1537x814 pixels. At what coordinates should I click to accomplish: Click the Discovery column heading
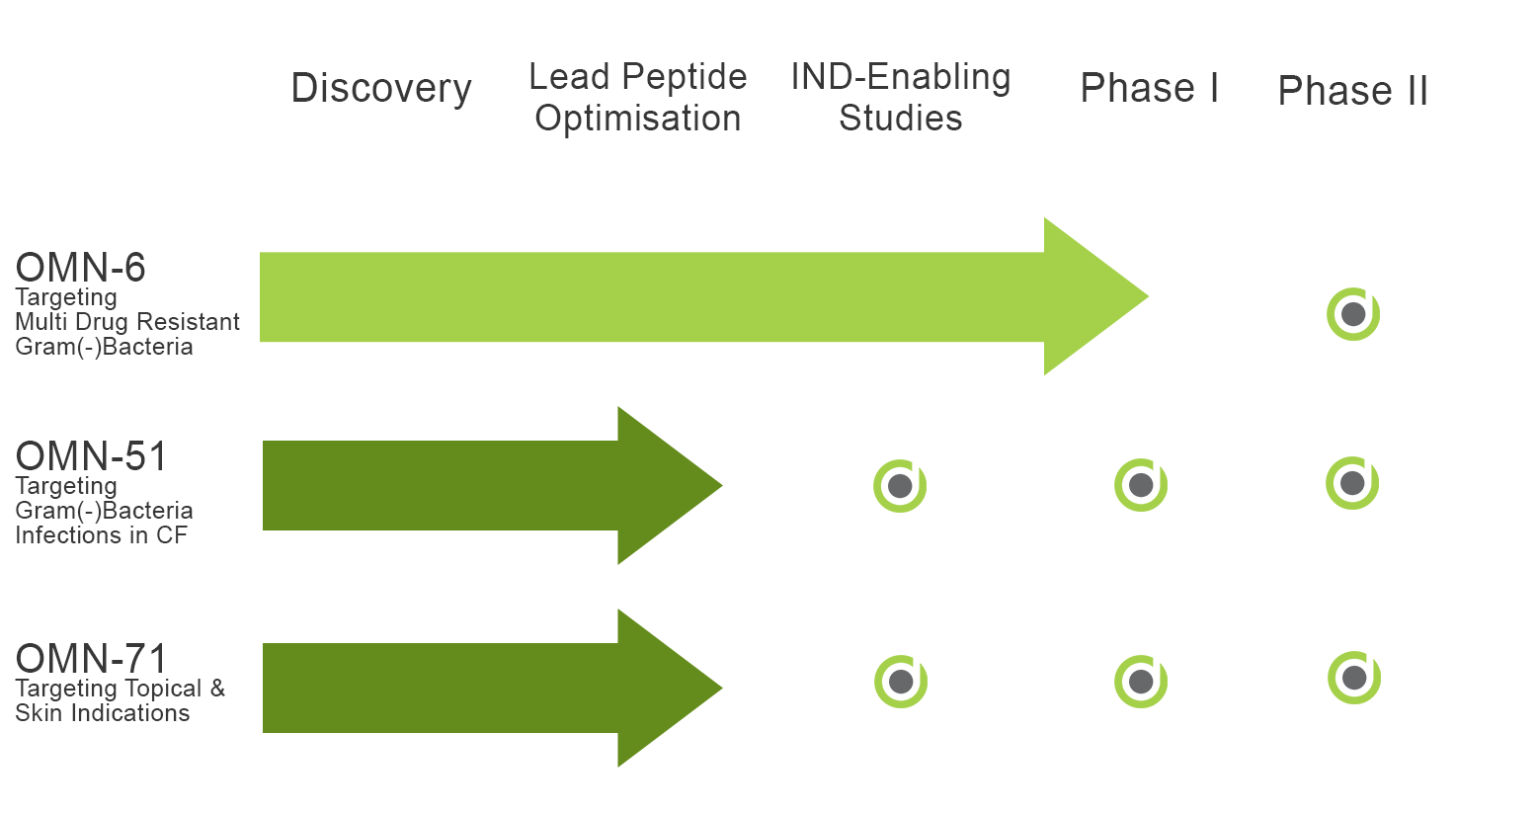(x=381, y=89)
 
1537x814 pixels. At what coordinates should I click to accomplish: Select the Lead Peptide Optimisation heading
(x=637, y=97)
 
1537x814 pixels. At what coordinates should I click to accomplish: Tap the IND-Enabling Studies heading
(x=900, y=97)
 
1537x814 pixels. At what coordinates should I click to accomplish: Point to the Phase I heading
(x=1150, y=88)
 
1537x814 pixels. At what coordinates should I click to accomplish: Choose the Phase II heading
(x=1352, y=91)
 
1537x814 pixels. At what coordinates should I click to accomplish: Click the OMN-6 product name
(x=80, y=267)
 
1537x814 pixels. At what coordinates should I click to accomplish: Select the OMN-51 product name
(x=91, y=455)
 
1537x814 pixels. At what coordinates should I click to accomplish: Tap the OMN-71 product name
(x=91, y=658)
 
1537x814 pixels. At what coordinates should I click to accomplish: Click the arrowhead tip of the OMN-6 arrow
(x=1148, y=296)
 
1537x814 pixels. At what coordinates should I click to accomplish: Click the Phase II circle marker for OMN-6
(x=1353, y=314)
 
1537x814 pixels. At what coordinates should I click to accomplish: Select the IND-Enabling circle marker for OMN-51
(x=900, y=486)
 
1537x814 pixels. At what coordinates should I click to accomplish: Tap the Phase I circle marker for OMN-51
(x=1140, y=485)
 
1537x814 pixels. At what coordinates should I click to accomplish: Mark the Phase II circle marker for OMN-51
(x=1352, y=483)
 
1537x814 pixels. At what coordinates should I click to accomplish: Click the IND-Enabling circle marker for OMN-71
(x=901, y=682)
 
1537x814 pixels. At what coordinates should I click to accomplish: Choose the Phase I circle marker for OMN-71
(x=1140, y=682)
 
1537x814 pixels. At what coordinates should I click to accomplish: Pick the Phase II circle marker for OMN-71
(x=1354, y=678)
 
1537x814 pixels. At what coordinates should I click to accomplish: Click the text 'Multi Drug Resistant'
(x=127, y=322)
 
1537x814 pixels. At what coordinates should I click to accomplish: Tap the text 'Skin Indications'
(x=103, y=713)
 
